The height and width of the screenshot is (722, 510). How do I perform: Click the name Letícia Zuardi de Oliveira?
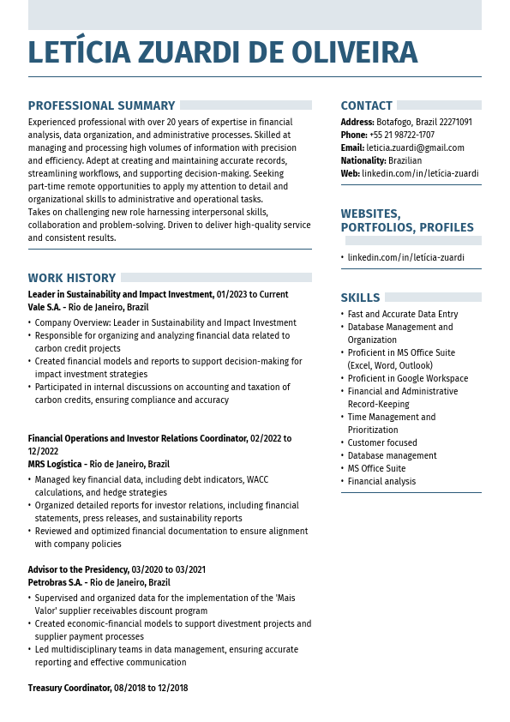coord(223,53)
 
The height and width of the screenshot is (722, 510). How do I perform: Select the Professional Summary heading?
coord(101,106)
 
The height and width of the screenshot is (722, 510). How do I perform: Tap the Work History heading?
coord(71,278)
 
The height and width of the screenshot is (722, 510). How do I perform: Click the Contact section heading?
coord(366,106)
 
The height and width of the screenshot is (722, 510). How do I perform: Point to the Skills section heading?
coord(360,298)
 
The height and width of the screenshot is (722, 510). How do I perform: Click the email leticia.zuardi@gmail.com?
coord(415,147)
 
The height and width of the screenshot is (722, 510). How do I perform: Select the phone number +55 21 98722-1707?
coord(401,135)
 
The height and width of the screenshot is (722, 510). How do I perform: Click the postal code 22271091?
coord(455,122)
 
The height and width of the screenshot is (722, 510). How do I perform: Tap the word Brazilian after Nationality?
coord(405,160)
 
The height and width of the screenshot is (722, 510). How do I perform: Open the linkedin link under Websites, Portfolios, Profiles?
coord(405,257)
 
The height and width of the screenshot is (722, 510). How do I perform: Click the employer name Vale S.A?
coord(44,307)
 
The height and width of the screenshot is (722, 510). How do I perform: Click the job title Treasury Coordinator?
coord(69,688)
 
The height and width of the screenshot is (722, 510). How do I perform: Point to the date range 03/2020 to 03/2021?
coord(168,569)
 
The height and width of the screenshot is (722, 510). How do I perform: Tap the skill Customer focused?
coord(382,442)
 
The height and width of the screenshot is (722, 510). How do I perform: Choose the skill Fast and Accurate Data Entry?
coord(402,314)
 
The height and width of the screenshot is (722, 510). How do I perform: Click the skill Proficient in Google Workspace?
coord(407,378)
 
